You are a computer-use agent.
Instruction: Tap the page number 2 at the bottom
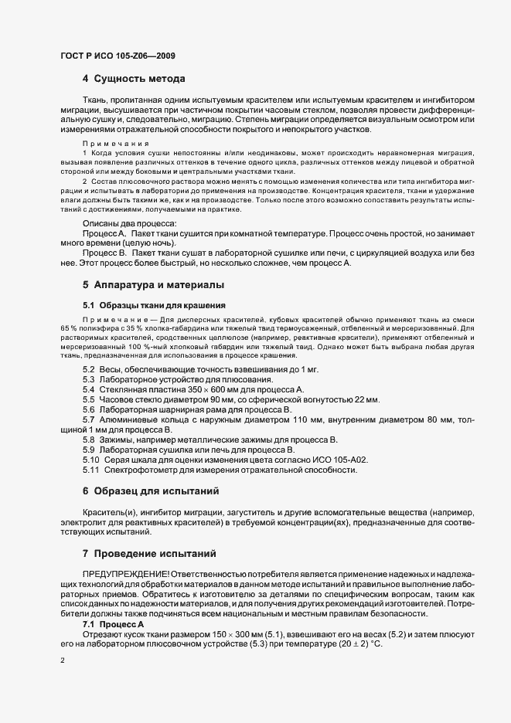[x=63, y=660]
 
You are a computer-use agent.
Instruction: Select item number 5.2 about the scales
[x=89, y=370]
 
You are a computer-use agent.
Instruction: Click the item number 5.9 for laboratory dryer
[x=89, y=450]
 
